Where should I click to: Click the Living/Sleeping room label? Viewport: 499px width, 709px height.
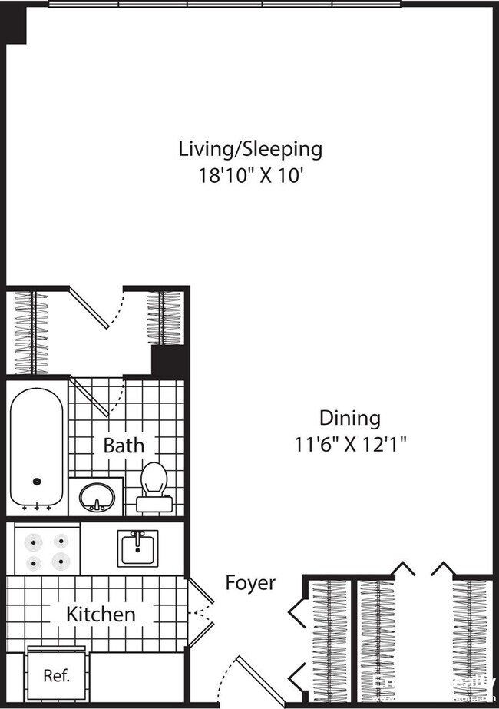pos(250,148)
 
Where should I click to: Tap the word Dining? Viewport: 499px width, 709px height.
pos(349,418)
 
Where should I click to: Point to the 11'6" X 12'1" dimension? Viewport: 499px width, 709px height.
pos(350,444)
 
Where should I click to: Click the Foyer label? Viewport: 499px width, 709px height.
pos(250,583)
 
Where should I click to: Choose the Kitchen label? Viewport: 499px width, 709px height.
pos(101,614)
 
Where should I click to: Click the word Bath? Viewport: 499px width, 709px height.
pos(123,445)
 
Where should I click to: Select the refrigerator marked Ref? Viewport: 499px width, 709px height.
pos(56,676)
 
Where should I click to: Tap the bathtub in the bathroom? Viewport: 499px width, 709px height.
pos(36,446)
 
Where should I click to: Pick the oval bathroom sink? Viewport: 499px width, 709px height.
pos(97,496)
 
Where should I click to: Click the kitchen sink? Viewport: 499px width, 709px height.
pos(138,548)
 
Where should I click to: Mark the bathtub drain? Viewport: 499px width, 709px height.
pos(36,482)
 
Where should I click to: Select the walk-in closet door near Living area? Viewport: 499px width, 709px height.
pos(90,307)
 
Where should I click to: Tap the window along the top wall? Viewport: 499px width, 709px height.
pos(225,4)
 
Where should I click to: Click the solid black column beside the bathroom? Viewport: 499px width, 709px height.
pos(169,361)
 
